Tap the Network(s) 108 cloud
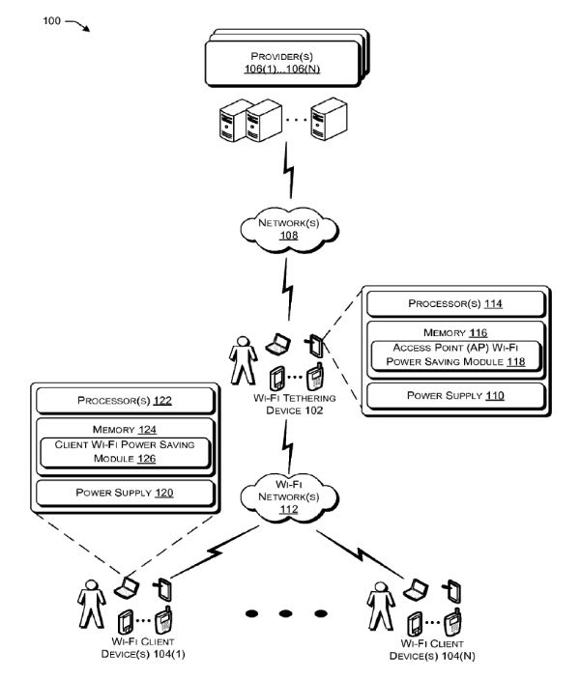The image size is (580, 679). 288,228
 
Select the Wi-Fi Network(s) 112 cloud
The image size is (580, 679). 287,495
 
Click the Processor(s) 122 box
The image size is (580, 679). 123,398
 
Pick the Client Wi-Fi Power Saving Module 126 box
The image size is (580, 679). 123,450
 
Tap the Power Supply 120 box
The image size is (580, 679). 123,494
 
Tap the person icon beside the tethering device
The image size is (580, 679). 241,362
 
